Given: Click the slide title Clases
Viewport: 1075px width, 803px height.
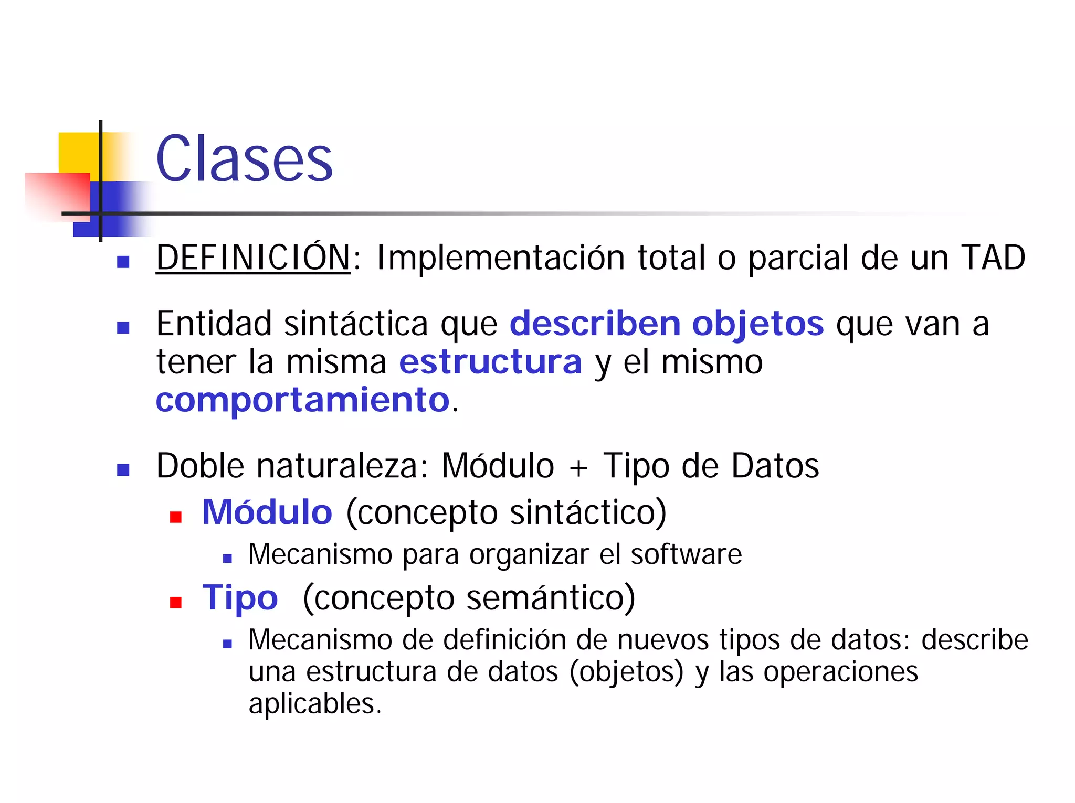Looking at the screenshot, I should (x=244, y=158).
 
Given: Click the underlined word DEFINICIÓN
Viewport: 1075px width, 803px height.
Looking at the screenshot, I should (x=253, y=258).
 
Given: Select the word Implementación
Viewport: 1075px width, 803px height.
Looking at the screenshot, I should (x=500, y=259).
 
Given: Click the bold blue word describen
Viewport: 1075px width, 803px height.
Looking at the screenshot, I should (x=595, y=324).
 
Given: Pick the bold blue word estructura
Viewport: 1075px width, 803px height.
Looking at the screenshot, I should (x=490, y=362).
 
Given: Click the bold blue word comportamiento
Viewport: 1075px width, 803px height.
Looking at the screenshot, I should (x=303, y=401).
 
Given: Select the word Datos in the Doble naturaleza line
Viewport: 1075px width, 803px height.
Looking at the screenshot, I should (x=775, y=466).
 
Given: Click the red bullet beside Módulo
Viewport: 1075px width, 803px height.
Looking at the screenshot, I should (x=176, y=517).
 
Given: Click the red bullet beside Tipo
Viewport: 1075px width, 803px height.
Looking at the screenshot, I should (x=176, y=602).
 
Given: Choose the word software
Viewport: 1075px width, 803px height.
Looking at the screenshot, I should (x=686, y=554).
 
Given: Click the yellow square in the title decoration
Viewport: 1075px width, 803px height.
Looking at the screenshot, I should (x=79, y=152).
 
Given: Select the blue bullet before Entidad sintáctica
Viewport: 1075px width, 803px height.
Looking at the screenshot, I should (x=123, y=328).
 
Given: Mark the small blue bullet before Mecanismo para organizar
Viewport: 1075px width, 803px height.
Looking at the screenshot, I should (x=227, y=559).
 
